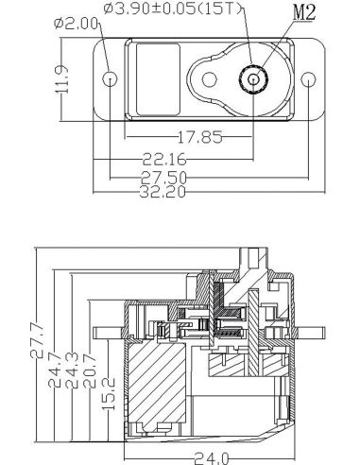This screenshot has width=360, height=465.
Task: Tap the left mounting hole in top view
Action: click(x=111, y=79)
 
